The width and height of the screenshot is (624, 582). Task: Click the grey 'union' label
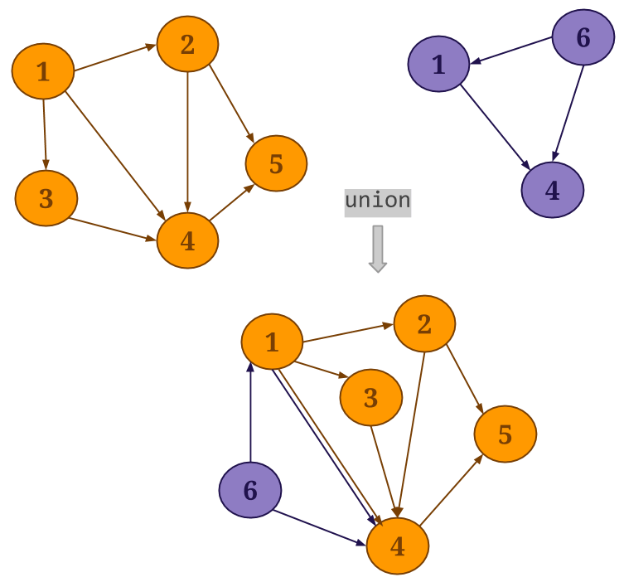pos(377,201)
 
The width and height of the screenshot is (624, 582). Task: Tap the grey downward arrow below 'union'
pos(378,248)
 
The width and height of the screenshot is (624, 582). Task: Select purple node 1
pos(438,65)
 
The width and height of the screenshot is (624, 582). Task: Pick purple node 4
pos(552,191)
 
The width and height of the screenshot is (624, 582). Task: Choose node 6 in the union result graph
pos(249,490)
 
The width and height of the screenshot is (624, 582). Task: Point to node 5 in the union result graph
pos(505,434)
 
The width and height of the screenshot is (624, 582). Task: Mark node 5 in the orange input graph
pos(276,163)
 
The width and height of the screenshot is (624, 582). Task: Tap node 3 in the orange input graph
pos(46,198)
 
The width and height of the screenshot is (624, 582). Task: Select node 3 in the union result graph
pos(370,398)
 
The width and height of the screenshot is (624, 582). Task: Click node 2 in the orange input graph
pos(187,44)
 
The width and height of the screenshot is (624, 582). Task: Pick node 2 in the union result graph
pos(423,324)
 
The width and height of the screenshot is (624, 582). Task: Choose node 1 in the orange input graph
pos(42,71)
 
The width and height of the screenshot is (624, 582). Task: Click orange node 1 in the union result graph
pos(272,342)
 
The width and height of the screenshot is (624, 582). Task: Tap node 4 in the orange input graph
pos(187,240)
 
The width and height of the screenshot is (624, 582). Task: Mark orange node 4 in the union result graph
pos(397,546)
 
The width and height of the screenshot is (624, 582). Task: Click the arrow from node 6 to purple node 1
pos(510,50)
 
